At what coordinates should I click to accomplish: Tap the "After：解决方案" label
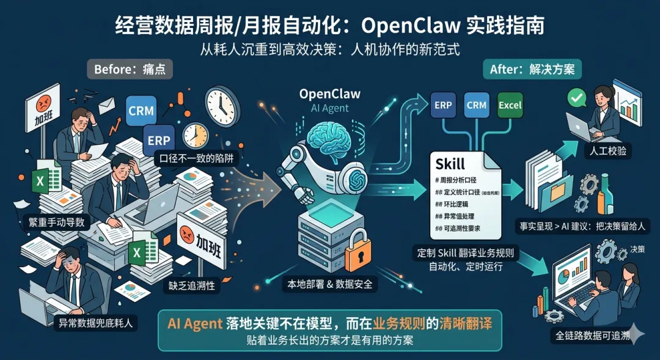(532, 69)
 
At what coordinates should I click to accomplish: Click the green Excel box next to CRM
(510, 105)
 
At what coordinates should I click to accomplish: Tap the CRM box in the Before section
(141, 111)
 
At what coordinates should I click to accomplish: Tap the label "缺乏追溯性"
(192, 285)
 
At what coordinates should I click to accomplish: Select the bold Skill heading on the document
(450, 164)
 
